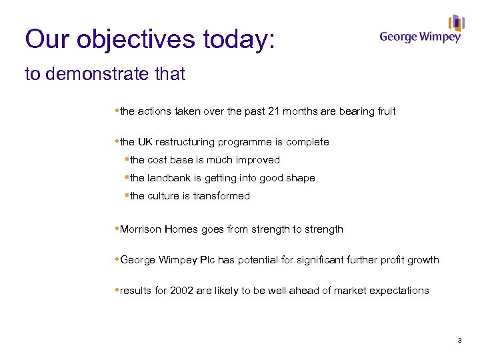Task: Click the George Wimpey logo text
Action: click(420, 37)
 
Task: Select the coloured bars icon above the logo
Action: click(456, 23)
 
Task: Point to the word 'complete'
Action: click(308, 142)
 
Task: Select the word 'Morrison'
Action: click(141, 229)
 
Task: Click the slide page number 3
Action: click(459, 341)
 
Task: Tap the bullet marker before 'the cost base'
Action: click(127, 160)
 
